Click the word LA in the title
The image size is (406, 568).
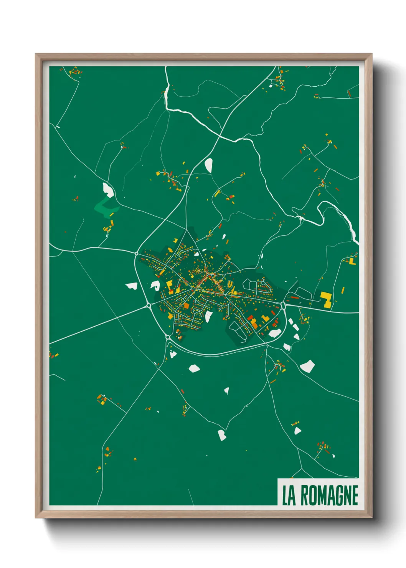point(289,495)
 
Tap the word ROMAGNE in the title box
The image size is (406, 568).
point(329,495)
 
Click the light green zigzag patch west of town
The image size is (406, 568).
point(106,207)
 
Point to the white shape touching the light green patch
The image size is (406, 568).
point(108,190)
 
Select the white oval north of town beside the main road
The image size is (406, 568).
point(208,165)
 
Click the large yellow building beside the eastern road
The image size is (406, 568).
point(326,299)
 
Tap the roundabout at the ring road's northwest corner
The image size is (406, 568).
point(137,253)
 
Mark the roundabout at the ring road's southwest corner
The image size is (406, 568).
point(168,337)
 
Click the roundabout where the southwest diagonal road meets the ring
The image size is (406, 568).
point(148,305)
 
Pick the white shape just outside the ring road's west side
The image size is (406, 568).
point(132,286)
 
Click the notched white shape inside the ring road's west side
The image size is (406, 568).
point(155,285)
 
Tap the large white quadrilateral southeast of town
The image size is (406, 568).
point(307,366)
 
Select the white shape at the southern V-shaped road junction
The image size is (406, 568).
point(222,435)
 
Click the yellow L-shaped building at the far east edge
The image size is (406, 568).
point(352,261)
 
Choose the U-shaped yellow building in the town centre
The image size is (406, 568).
point(230,284)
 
